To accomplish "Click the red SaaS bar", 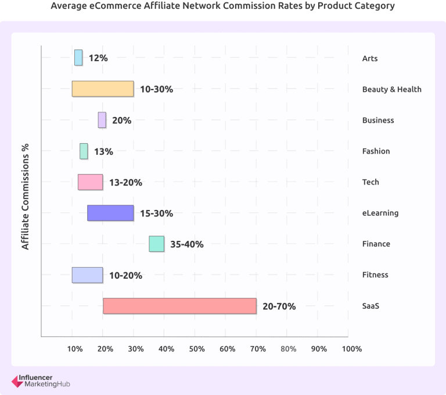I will pyautogui.click(x=179, y=306).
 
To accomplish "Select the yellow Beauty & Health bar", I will pyautogui.click(x=103, y=88).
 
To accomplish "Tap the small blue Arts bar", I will pyautogui.click(x=78, y=58).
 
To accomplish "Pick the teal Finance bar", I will pyautogui.click(x=156, y=244).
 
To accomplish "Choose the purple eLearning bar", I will pyautogui.click(x=110, y=213).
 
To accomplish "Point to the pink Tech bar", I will pyautogui.click(x=90, y=182).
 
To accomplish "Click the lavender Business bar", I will pyautogui.click(x=102, y=120).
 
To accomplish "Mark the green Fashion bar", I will pyautogui.click(x=84, y=151).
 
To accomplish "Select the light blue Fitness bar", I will pyautogui.click(x=87, y=275).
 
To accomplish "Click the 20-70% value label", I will pyautogui.click(x=279, y=306).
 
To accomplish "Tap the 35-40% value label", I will pyautogui.click(x=186, y=244).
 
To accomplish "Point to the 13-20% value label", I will pyautogui.click(x=125, y=182).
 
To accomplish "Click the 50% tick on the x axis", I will pyautogui.click(x=197, y=348).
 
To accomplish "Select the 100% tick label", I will pyautogui.click(x=352, y=348).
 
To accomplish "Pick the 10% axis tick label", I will pyautogui.click(x=74, y=348).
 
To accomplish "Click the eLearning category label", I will pyautogui.click(x=380, y=213).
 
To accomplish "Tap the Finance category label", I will pyautogui.click(x=376, y=244).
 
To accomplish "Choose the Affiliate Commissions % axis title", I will pyautogui.click(x=26, y=197).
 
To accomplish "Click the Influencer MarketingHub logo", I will pyautogui.click(x=41, y=380).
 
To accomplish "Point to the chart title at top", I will pyautogui.click(x=222, y=6).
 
